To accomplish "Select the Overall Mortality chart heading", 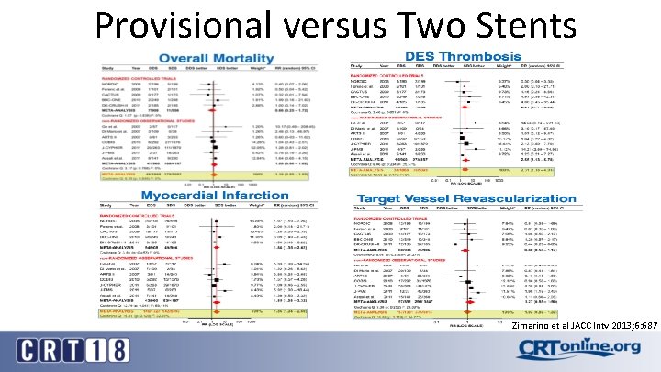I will point(212,58).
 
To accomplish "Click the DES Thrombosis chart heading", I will point(473,57).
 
